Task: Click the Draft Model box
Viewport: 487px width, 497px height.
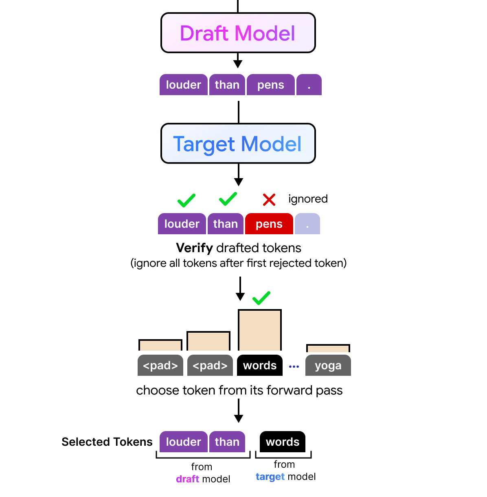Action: pyautogui.click(x=238, y=33)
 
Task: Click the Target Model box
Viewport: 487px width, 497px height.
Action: pyautogui.click(x=238, y=144)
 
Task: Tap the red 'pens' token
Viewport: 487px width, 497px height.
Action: pyautogui.click(x=269, y=224)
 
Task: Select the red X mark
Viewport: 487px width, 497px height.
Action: pyautogui.click(x=269, y=200)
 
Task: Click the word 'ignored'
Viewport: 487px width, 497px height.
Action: pyautogui.click(x=308, y=199)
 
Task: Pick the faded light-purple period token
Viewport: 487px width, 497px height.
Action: pyautogui.click(x=307, y=224)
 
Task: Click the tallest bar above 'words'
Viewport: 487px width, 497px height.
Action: pyautogui.click(x=259, y=330)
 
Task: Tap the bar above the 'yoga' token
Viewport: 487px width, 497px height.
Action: pyautogui.click(x=328, y=348)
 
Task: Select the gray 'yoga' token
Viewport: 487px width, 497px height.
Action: pyautogui.click(x=328, y=365)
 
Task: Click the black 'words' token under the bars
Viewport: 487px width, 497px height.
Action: pyautogui.click(x=259, y=365)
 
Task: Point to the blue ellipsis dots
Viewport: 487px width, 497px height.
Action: pyautogui.click(x=294, y=366)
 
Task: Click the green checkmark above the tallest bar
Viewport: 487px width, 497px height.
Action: pyautogui.click(x=261, y=298)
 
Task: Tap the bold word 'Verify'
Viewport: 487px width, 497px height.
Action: pyautogui.click(x=195, y=248)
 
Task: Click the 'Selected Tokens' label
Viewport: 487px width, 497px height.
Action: pyautogui.click(x=107, y=442)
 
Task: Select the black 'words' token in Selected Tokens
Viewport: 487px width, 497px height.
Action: pyautogui.click(x=283, y=442)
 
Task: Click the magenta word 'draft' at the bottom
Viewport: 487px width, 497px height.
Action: pyautogui.click(x=187, y=479)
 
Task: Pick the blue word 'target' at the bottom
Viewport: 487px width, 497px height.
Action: pyautogui.click(x=270, y=477)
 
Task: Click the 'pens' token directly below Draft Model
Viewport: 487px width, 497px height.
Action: pyautogui.click(x=271, y=85)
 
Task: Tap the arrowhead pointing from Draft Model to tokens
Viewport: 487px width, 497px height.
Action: pyautogui.click(x=237, y=64)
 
